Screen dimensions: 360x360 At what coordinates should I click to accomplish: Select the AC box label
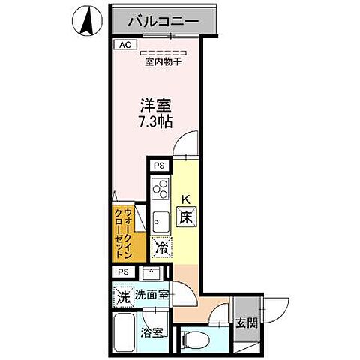click(x=124, y=45)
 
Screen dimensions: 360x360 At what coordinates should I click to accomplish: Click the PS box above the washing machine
click(x=123, y=271)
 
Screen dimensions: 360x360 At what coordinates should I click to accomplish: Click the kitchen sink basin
click(x=160, y=220)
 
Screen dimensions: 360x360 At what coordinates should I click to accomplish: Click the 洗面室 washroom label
click(x=152, y=295)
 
